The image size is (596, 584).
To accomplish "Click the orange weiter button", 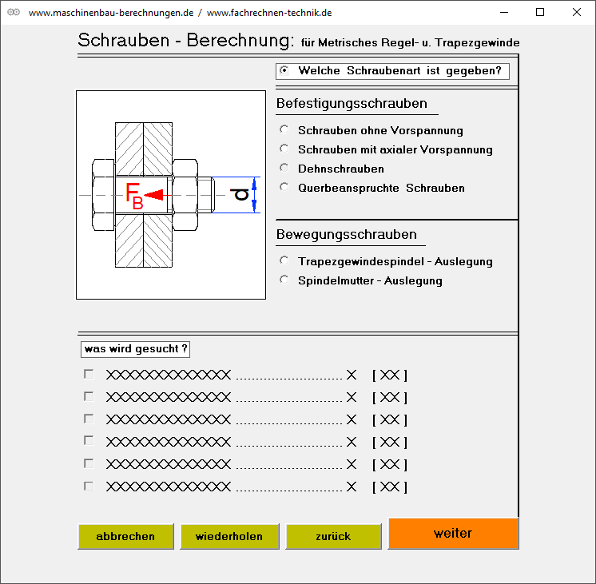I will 453,533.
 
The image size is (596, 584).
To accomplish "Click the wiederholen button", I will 228,536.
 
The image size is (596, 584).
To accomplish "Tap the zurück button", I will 333,536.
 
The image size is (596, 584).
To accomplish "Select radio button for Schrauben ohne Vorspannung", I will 284,129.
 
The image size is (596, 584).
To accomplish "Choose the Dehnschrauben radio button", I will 284,168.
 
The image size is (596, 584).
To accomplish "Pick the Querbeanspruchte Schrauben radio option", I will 284,187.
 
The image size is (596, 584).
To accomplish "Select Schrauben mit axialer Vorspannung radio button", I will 284,149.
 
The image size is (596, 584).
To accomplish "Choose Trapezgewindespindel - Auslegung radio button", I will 284,260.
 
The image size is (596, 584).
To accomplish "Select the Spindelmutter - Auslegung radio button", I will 284,280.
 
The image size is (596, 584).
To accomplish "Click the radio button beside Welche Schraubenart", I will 284,70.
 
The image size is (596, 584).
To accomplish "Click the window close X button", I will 577,12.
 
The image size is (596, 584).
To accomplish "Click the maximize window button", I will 540,12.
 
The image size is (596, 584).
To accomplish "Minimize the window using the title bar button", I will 503,12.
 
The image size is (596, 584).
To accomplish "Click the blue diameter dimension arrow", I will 254,194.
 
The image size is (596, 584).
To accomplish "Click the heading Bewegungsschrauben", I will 346,234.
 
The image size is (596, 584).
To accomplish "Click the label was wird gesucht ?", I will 136,349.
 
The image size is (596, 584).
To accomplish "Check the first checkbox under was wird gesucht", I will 89,374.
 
